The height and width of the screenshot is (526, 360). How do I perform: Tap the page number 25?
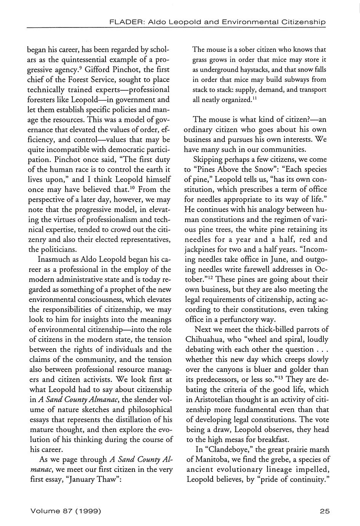(x=325, y=511)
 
